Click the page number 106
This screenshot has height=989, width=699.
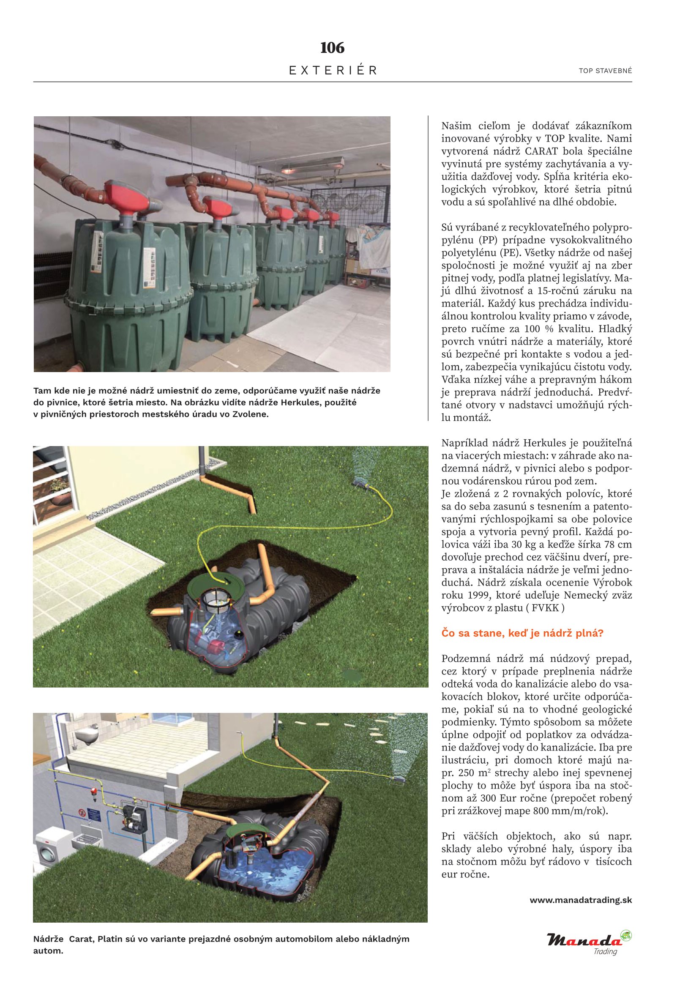click(332, 48)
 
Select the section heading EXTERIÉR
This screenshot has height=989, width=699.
click(333, 71)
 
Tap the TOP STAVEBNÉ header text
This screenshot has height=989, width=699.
click(605, 71)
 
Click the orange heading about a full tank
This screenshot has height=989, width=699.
click(522, 633)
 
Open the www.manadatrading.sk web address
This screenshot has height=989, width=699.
click(581, 900)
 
